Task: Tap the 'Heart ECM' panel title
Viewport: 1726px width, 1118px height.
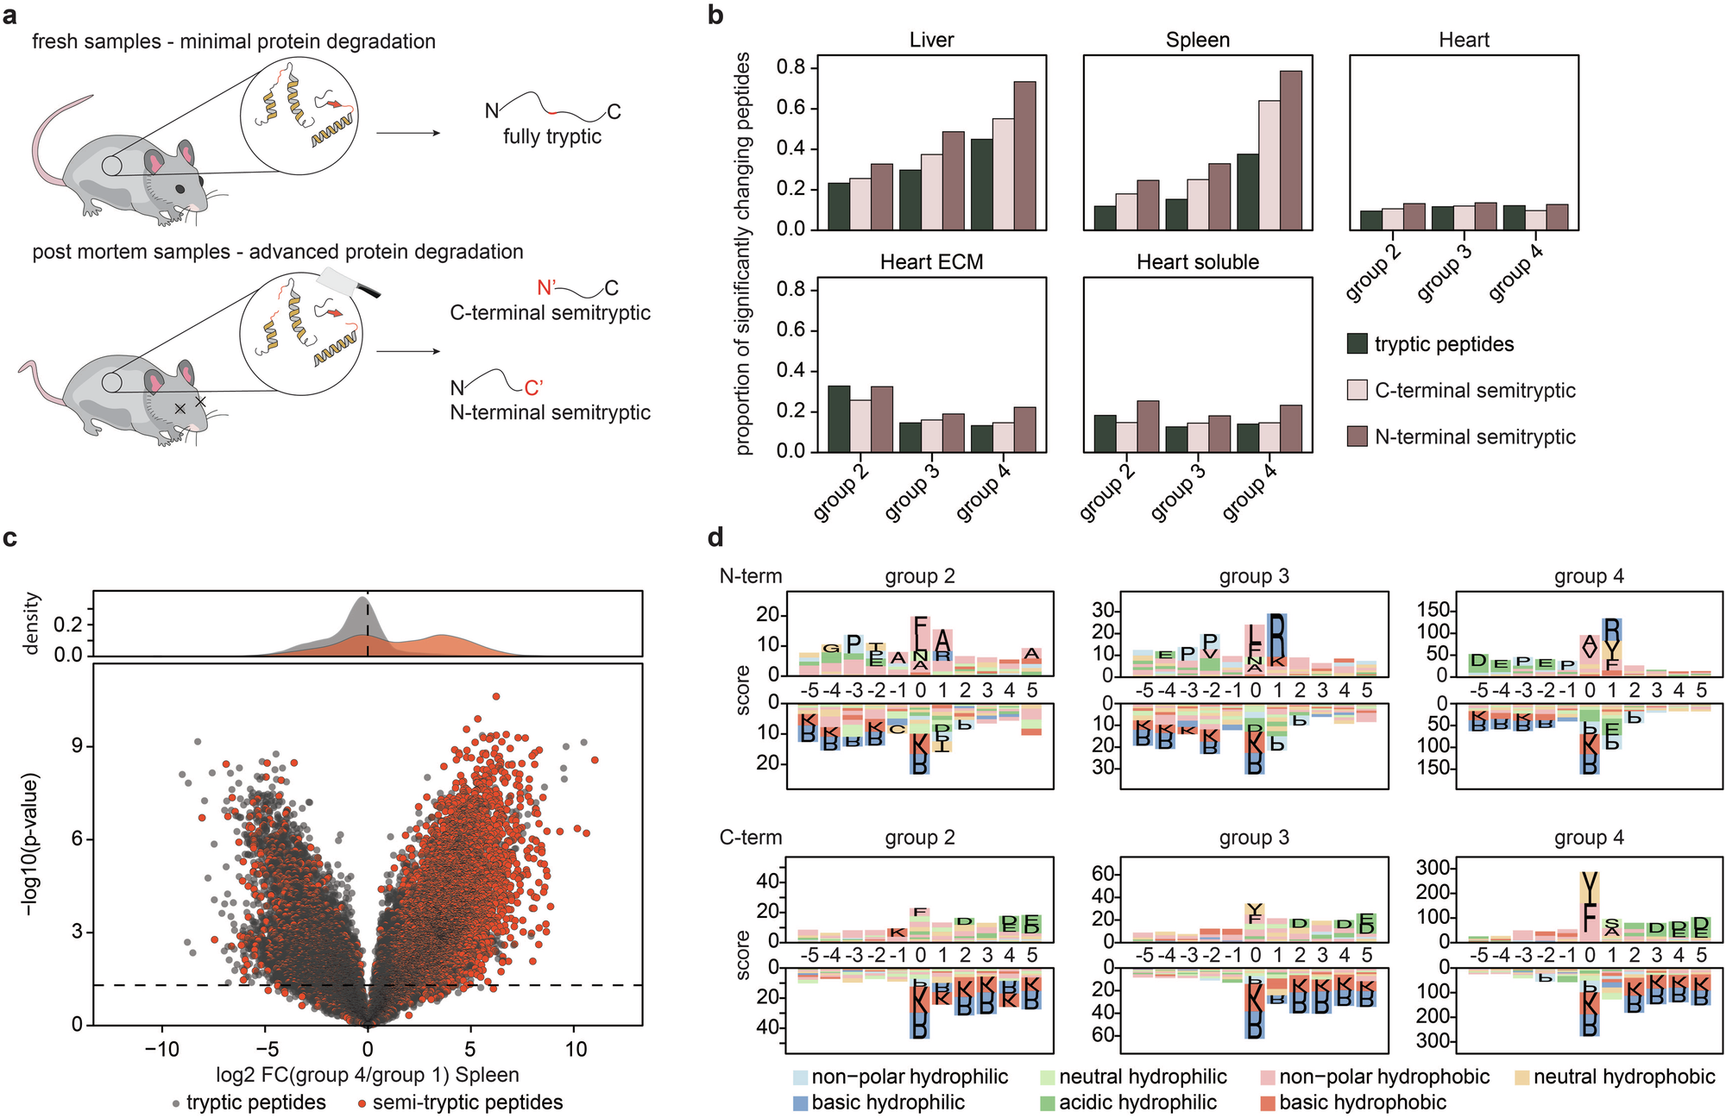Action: (931, 262)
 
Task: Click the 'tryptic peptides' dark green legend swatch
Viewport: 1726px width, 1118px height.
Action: (1357, 344)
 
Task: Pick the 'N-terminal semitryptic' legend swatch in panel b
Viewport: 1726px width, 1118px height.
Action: (1357, 437)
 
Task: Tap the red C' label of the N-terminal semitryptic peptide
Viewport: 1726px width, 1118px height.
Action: (533, 388)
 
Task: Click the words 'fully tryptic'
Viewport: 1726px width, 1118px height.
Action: (552, 136)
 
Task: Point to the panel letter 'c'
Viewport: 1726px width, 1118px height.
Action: (10, 538)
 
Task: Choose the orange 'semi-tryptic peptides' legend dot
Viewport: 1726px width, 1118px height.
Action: (363, 1103)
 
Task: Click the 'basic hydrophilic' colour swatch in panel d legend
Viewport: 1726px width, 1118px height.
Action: (800, 1102)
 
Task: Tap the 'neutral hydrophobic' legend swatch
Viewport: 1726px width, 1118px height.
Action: (1522, 1077)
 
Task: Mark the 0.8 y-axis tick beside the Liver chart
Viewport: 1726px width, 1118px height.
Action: (791, 67)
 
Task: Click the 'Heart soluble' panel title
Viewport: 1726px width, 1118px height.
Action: (1197, 262)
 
